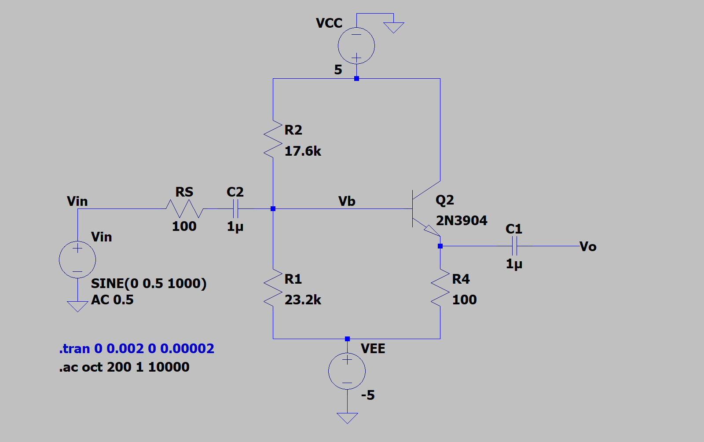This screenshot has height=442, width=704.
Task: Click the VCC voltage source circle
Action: click(x=356, y=46)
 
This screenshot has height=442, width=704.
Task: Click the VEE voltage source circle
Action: click(x=347, y=371)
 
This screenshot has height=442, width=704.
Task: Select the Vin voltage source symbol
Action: click(x=77, y=259)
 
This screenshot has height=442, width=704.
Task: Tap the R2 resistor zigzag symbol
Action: click(x=273, y=139)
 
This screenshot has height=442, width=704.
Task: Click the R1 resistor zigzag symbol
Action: click(x=273, y=288)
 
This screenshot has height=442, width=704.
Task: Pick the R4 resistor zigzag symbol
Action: click(x=440, y=288)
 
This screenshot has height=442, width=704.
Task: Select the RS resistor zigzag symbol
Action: click(x=184, y=208)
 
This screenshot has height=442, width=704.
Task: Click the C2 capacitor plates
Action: click(x=235, y=208)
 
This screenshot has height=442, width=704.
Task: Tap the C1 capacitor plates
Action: click(x=514, y=246)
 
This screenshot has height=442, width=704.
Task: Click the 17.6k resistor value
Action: click(x=303, y=151)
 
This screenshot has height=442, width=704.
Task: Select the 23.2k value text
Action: click(x=303, y=300)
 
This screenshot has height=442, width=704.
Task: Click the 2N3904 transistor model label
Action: click(x=461, y=220)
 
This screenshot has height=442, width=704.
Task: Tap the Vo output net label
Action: click(x=588, y=247)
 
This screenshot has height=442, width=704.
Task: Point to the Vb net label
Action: click(x=347, y=201)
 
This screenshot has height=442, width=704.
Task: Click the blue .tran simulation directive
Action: click(x=136, y=349)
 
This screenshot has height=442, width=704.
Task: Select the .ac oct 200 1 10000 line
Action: click(x=124, y=367)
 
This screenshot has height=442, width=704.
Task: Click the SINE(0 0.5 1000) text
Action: click(x=149, y=284)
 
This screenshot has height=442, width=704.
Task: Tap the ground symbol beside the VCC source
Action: click(x=393, y=28)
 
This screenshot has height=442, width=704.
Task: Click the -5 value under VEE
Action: click(x=368, y=395)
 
